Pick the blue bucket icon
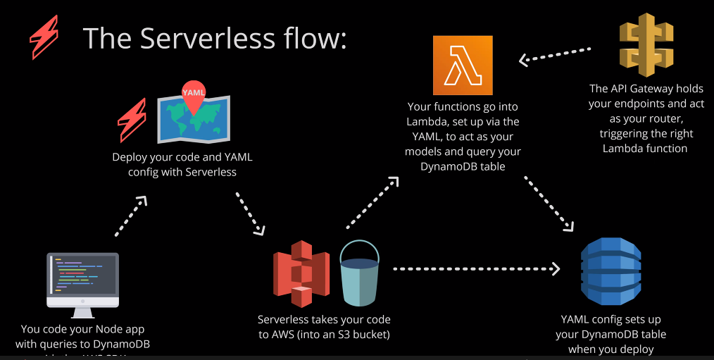coord(359,273)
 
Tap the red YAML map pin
coord(194,98)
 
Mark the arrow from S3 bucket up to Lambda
coord(372,204)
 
